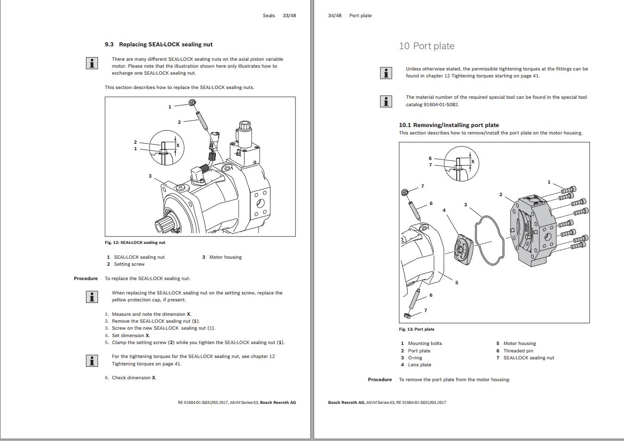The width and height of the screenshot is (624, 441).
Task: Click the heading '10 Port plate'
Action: [427, 46]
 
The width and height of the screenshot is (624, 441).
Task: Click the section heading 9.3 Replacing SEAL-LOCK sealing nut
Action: [158, 45]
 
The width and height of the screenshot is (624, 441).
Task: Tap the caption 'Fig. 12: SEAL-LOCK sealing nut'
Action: [135, 243]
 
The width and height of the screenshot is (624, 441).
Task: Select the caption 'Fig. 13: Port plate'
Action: [416, 329]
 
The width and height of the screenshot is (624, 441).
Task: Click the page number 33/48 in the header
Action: [289, 15]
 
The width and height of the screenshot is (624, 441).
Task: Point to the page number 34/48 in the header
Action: [334, 15]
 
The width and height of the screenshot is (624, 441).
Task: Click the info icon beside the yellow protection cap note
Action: [92, 297]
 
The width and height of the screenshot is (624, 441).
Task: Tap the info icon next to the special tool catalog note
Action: [386, 101]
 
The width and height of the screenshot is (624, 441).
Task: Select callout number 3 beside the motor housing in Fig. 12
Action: [150, 176]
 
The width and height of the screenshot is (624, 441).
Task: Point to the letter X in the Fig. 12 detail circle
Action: [178, 145]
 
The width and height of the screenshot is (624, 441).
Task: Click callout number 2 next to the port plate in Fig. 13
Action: [500, 195]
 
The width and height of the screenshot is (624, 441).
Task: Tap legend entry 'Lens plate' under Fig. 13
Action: [419, 365]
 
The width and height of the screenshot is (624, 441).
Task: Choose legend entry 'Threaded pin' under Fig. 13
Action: [518, 351]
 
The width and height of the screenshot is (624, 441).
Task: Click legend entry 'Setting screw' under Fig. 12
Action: [129, 264]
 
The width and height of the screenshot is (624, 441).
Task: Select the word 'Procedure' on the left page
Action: [86, 279]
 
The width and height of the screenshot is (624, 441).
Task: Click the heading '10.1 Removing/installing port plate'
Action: [448, 125]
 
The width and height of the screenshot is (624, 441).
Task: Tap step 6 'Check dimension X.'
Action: [134, 378]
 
